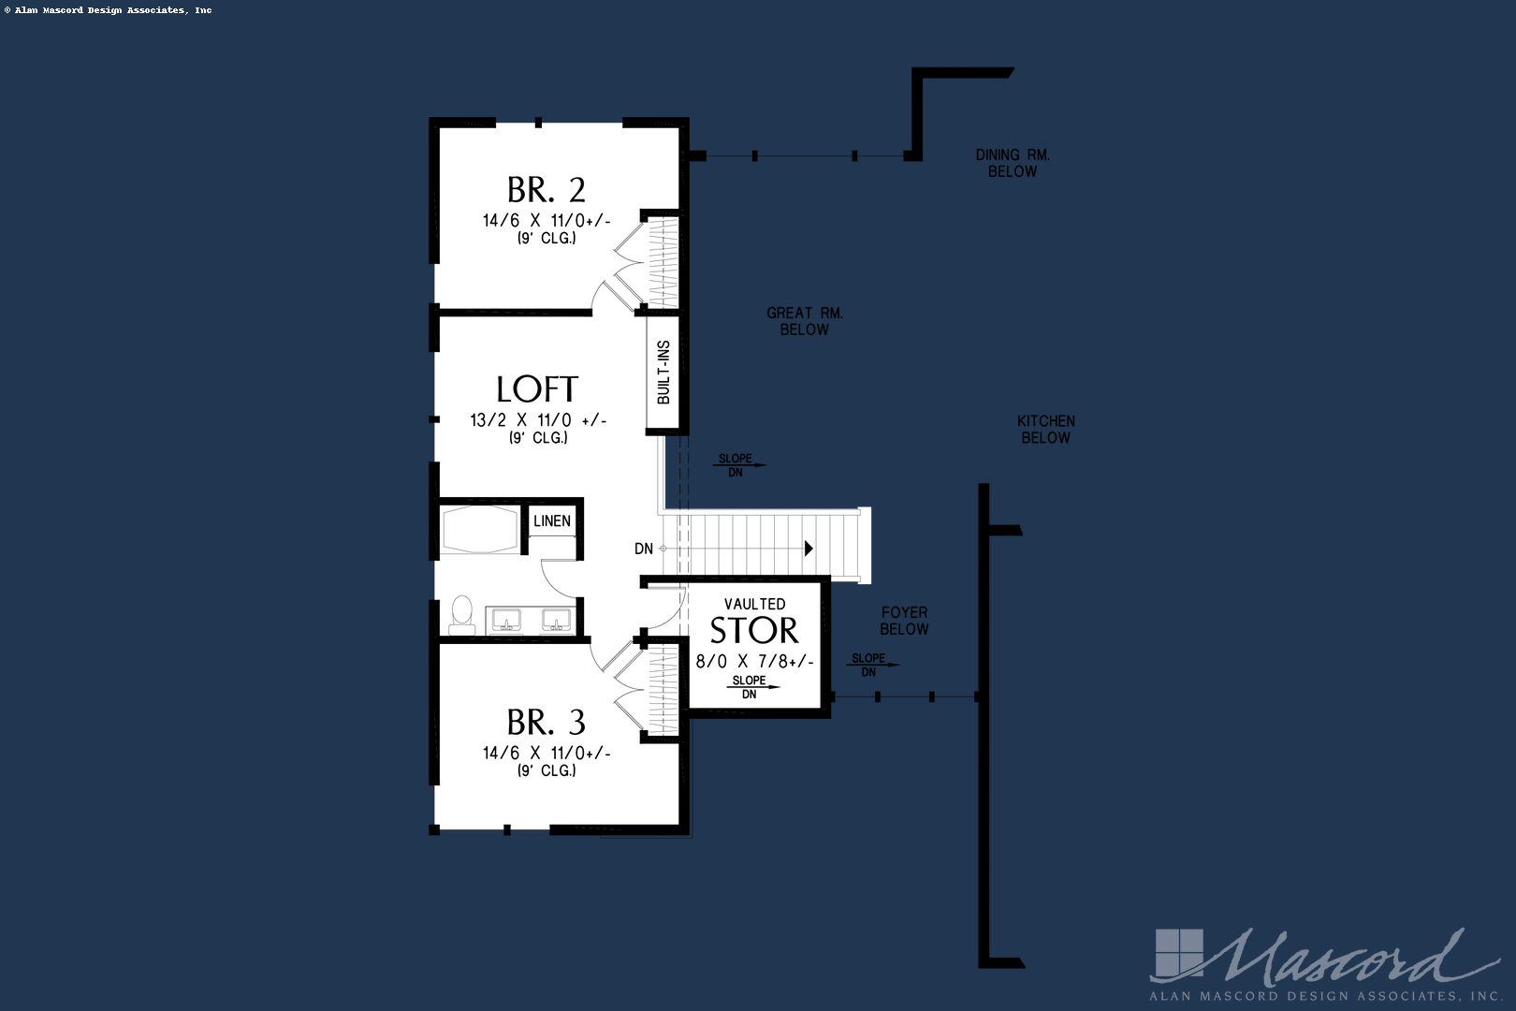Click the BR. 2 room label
click(x=547, y=190)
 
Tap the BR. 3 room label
click(x=547, y=723)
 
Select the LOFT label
click(x=537, y=389)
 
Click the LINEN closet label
click(x=552, y=521)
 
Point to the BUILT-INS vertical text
click(x=663, y=373)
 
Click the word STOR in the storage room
click(x=754, y=631)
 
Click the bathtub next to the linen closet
click(x=480, y=530)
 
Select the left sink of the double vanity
click(x=506, y=621)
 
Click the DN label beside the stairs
click(x=644, y=549)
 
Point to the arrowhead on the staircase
click(x=809, y=549)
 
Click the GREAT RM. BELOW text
click(x=805, y=321)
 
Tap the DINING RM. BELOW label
click(x=1013, y=163)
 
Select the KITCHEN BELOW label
click(x=1046, y=430)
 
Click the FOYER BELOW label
click(x=904, y=621)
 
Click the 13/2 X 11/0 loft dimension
click(x=538, y=420)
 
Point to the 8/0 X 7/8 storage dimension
click(x=754, y=662)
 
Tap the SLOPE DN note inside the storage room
click(x=750, y=687)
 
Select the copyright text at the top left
click(x=109, y=10)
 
